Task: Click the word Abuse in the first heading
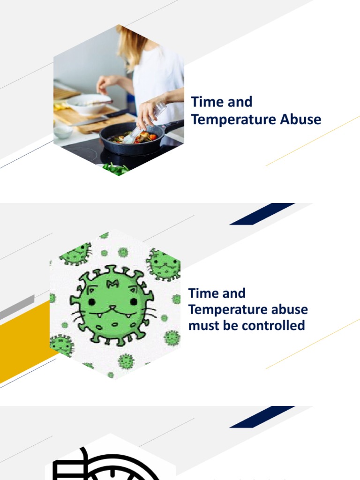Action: click(x=300, y=119)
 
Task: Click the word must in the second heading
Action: click(x=202, y=325)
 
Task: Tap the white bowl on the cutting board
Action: click(x=89, y=104)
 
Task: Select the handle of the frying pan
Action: click(x=173, y=125)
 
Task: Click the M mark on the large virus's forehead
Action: click(x=112, y=283)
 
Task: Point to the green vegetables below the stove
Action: click(x=115, y=169)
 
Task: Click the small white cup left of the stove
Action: click(x=63, y=132)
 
